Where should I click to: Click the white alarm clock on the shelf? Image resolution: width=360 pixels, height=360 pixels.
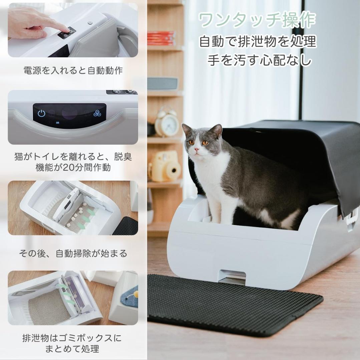pos(167,122)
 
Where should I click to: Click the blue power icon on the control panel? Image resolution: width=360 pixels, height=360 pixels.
pos(41,113)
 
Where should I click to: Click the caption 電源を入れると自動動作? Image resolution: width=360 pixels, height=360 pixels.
pos(73,70)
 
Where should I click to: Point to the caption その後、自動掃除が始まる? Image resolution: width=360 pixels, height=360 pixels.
pos(73,253)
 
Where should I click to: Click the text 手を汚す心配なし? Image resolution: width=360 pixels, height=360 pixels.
pos(260,60)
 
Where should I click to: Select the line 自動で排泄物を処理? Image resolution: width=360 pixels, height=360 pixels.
pos(258,42)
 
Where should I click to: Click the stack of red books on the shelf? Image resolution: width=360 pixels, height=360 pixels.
pos(161,38)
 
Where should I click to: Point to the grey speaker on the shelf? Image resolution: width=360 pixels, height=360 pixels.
pos(162,83)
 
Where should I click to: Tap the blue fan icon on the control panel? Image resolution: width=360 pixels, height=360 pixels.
pos(97,113)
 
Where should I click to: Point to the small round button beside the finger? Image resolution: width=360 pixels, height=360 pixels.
pos(90,23)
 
